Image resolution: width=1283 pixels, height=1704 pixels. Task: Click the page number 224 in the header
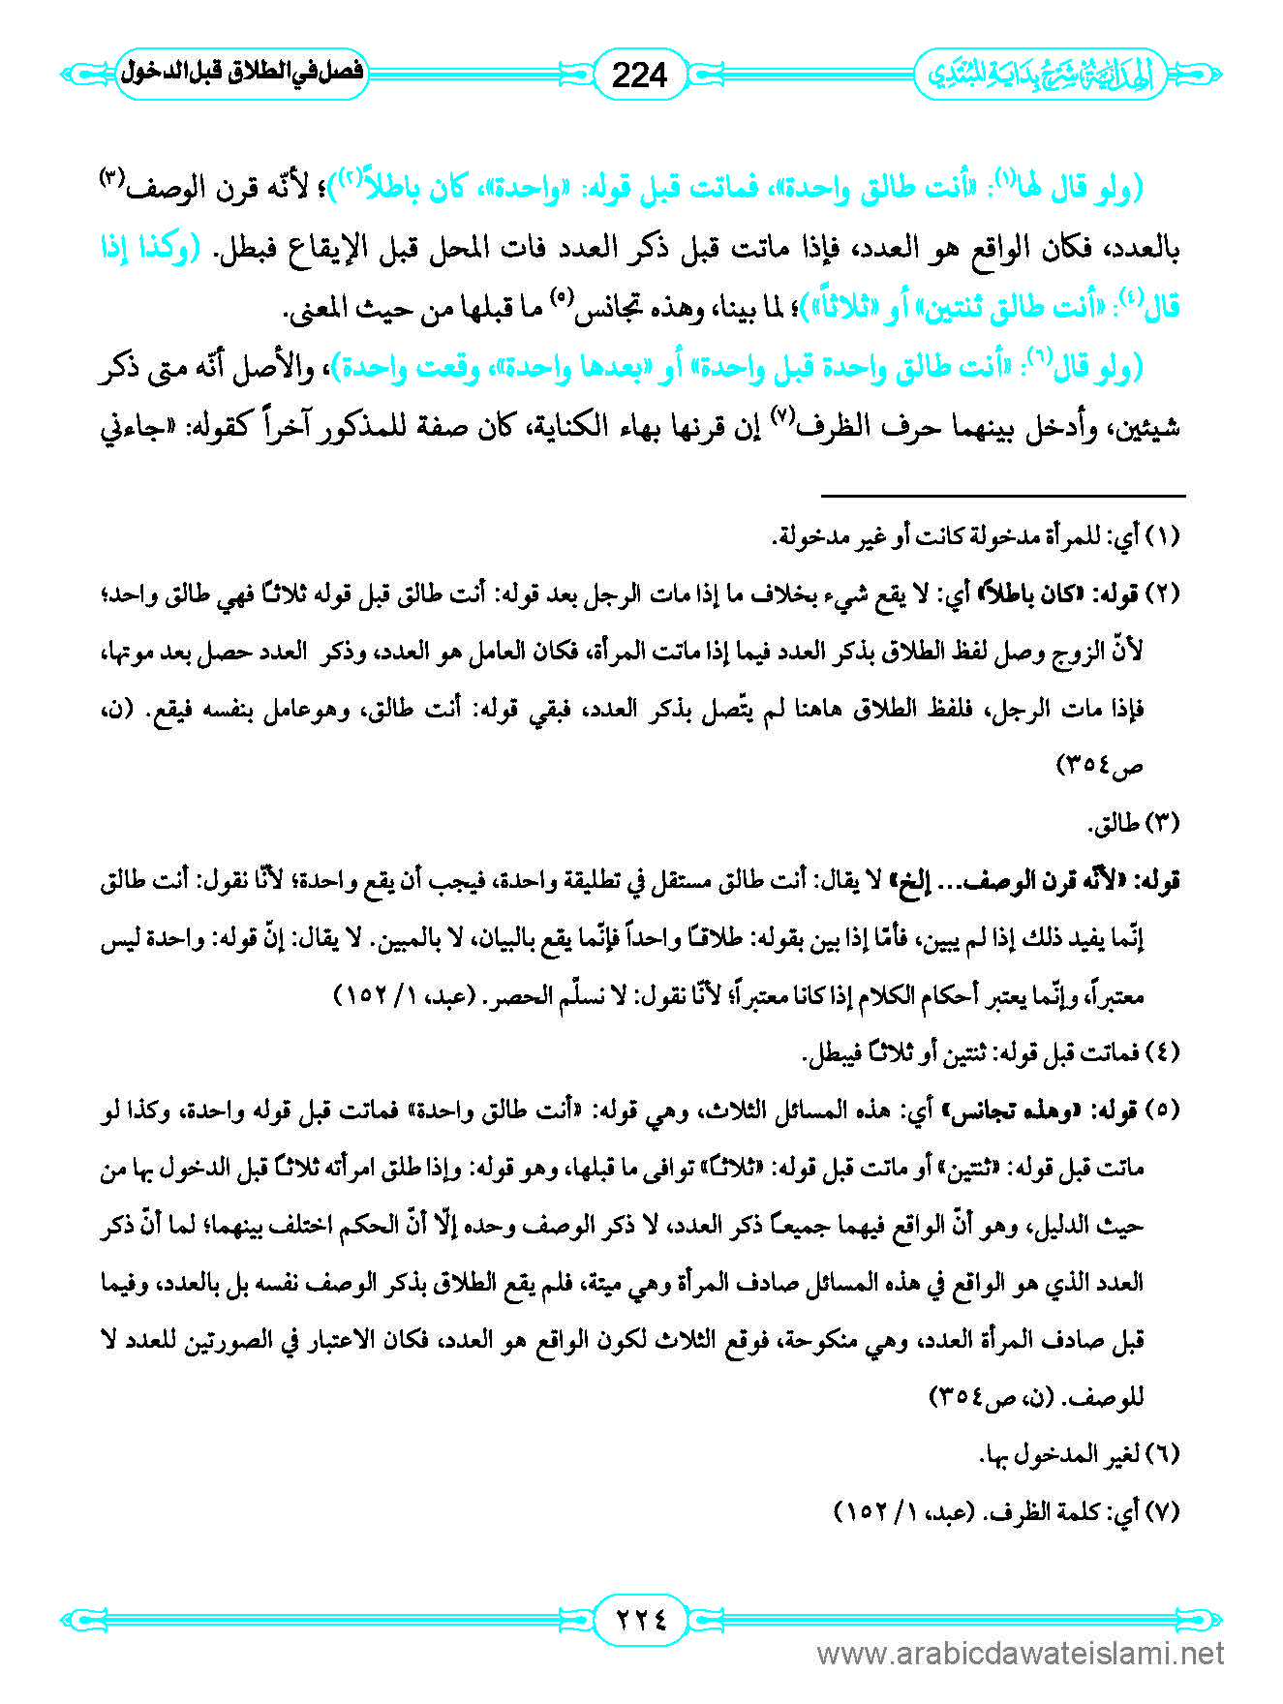[x=640, y=75]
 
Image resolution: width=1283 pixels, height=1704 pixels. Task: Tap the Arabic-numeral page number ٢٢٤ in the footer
[x=640, y=1618]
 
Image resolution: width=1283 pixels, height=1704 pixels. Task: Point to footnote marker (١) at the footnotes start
[x=1163, y=537]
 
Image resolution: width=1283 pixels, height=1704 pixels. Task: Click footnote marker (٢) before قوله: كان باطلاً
[x=1163, y=594]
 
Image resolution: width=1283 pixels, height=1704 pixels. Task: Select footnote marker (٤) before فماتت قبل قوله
[x=1163, y=1052]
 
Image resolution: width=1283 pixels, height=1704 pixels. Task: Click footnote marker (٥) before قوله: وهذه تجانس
[x=1163, y=1111]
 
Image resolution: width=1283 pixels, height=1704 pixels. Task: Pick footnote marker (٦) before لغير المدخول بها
[x=1163, y=1454]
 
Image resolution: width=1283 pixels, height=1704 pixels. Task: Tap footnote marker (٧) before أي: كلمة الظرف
[x=1163, y=1511]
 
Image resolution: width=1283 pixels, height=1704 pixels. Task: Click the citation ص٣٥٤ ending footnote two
[x=1100, y=766]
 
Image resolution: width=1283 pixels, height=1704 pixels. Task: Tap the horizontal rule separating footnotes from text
[x=1003, y=496]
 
